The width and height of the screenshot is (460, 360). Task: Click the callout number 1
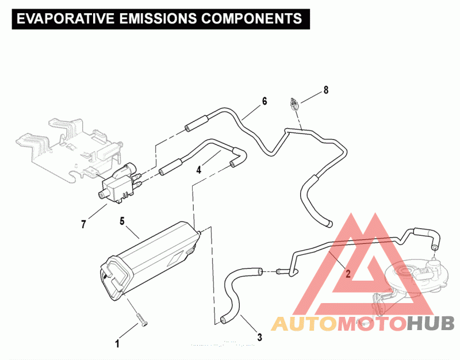click(117, 344)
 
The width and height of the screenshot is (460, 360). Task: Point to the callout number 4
click(199, 170)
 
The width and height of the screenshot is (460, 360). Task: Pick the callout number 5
click(122, 220)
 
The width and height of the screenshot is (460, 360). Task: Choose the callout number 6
click(264, 101)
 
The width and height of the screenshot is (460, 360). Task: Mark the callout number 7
click(83, 224)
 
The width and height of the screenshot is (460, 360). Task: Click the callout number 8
click(325, 90)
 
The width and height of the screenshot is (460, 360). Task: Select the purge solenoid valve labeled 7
click(117, 184)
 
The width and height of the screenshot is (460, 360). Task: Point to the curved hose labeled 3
click(235, 293)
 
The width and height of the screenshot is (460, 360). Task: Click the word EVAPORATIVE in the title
click(63, 18)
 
